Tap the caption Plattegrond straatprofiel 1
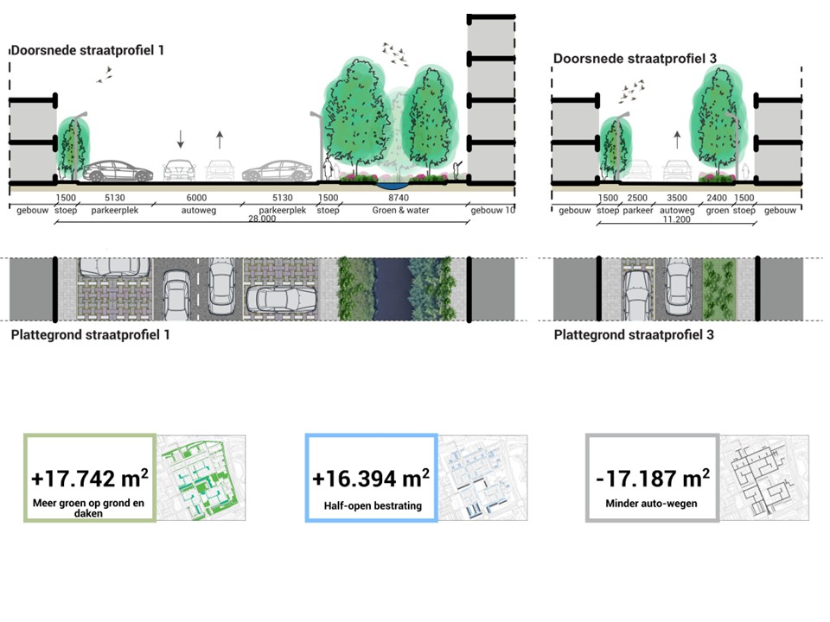[x=90, y=333]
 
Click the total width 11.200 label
[x=676, y=219]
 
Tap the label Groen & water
[x=400, y=210]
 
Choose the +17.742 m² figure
[x=89, y=479]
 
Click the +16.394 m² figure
[x=371, y=479]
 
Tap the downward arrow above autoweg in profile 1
[x=181, y=138]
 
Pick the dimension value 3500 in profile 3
[x=677, y=198]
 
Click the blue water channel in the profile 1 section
[x=394, y=184]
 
